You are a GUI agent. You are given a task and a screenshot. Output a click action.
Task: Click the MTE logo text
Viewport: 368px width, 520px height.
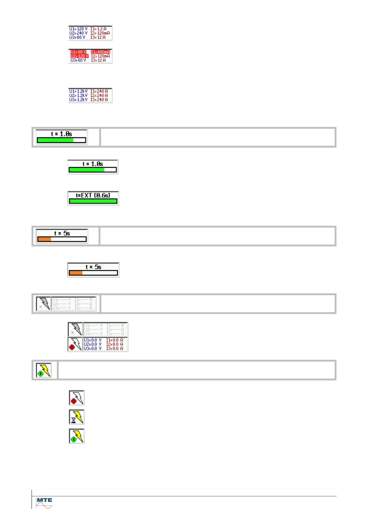click(44, 500)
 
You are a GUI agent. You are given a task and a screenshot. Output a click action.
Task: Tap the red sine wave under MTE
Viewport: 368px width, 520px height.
click(44, 506)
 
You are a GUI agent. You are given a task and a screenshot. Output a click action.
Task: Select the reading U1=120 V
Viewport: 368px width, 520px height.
click(78, 29)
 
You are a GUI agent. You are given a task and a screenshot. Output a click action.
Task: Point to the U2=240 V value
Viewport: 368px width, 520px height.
click(78, 33)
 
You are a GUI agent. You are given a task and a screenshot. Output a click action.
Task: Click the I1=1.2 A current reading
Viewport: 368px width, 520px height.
click(98, 29)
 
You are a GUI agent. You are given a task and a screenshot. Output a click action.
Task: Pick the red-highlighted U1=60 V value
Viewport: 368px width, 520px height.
click(78, 52)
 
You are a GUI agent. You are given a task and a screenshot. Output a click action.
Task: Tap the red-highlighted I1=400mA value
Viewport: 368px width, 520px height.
click(100, 52)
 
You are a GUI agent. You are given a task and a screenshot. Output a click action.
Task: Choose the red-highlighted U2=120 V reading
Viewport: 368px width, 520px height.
click(79, 56)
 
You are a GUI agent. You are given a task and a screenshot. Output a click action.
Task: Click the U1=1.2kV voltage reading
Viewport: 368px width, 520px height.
click(78, 91)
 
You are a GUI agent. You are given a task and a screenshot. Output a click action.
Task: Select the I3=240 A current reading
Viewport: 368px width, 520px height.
click(99, 100)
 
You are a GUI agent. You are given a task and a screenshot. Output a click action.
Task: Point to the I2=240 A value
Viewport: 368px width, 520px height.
click(99, 95)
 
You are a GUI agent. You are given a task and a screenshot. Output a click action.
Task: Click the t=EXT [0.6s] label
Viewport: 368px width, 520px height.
click(93, 195)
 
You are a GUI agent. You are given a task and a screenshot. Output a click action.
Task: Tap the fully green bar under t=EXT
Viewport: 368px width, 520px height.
click(93, 201)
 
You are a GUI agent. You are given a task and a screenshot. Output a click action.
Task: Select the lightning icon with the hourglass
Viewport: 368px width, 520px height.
click(77, 417)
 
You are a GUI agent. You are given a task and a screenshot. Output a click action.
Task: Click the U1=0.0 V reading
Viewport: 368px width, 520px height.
click(92, 340)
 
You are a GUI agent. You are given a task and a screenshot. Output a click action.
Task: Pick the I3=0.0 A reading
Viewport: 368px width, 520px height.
click(115, 349)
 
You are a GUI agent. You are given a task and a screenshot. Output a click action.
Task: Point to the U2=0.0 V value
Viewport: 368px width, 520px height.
click(92, 344)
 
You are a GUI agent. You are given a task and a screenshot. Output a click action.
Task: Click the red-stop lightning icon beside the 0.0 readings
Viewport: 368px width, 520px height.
click(75, 344)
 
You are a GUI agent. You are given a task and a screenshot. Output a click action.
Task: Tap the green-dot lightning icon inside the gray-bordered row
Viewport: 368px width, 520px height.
click(44, 370)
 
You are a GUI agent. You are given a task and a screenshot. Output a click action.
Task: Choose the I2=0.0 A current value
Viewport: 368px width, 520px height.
click(115, 344)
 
